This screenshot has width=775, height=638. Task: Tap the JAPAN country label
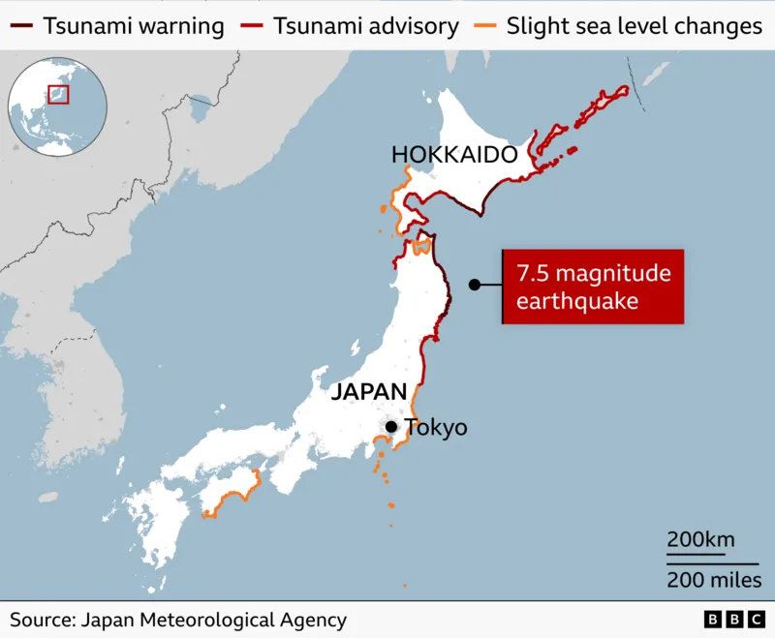[368, 392]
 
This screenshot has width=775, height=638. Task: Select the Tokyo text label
[436, 427]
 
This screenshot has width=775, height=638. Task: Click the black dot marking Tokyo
[390, 427]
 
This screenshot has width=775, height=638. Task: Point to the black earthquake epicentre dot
[475, 285]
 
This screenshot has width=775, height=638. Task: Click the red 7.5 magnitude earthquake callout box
[593, 288]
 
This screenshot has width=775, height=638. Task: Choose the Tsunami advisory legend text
[366, 26]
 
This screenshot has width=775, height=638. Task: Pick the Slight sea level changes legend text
[635, 26]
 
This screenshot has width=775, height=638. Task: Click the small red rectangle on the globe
[59, 94]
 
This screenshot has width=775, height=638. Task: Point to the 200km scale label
[699, 540]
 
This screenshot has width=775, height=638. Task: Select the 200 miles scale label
[713, 579]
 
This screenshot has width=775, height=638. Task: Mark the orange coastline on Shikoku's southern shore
[232, 499]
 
